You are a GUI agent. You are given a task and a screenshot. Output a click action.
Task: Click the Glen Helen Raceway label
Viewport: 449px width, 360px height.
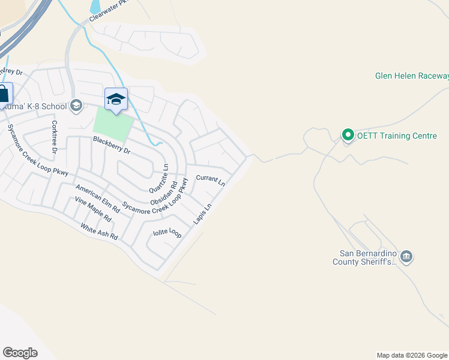click(412, 76)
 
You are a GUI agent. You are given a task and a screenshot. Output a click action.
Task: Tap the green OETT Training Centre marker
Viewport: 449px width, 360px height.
click(347, 136)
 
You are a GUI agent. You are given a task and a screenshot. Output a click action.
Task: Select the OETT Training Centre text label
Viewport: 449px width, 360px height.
click(397, 136)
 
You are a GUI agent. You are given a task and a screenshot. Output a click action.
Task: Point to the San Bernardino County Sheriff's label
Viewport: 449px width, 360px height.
click(365, 257)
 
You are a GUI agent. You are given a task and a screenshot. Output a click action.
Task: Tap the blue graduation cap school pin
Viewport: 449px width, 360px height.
click(116, 100)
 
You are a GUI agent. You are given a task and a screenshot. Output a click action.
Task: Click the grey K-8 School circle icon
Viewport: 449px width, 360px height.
click(76, 106)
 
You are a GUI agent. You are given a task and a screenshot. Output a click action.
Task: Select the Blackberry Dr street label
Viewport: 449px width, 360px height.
click(112, 146)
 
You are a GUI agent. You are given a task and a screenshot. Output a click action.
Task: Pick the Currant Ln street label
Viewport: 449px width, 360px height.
click(210, 180)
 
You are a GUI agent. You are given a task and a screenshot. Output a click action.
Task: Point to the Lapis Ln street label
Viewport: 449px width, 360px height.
click(202, 215)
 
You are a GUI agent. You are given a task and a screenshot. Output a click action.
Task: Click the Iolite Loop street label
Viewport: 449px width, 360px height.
click(167, 233)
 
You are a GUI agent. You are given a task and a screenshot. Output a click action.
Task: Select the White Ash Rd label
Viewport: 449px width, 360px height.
click(100, 232)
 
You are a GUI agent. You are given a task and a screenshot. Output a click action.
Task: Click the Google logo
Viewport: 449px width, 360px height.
click(20, 353)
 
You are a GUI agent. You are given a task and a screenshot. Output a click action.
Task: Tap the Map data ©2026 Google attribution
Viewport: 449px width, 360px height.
click(412, 355)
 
